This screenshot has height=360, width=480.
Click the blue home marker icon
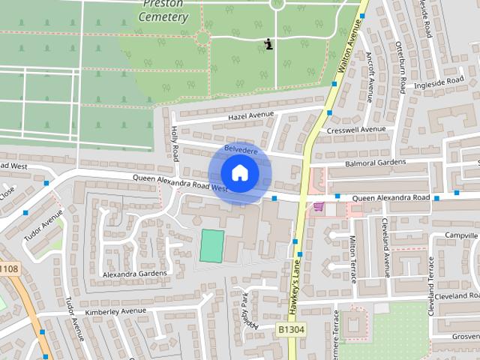tap(239, 173)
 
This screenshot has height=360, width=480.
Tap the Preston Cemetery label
tap(163, 10)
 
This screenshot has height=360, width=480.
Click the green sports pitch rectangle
tap(211, 246)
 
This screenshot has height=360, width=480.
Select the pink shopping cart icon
tap(319, 207)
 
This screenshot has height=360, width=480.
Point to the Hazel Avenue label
tap(252, 115)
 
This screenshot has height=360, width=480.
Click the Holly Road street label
tap(175, 142)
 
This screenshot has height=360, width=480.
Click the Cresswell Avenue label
tap(357, 130)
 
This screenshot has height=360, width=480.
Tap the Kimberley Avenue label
tap(115, 310)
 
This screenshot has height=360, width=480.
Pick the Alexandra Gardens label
tap(135, 274)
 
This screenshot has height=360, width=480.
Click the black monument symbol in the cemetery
tap(269, 45)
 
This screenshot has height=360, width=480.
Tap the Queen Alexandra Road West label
tap(180, 184)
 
